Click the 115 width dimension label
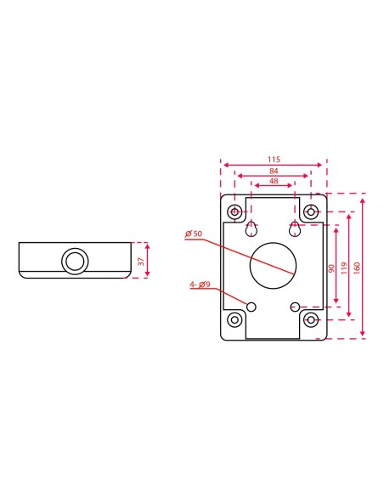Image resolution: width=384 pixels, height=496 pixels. pos(273,159)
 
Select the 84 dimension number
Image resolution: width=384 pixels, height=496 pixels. pos(273,171)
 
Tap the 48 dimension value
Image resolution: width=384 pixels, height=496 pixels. pos(273,182)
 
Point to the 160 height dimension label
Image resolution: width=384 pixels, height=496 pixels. pos(357,266)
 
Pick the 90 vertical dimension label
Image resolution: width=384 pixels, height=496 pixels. pos(331,268)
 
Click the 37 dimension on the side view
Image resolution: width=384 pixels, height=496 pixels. pos(141,260)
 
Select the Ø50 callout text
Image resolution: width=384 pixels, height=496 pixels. pos(193,233)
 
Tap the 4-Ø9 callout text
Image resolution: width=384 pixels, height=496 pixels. pos(200,285)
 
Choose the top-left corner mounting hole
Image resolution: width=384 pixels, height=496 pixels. pos(234,211)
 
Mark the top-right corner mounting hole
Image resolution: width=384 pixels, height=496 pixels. pos(312,211)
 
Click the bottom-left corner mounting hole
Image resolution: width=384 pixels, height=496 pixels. pos(234,320)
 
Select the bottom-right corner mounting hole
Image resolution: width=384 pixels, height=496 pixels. pos(312,320)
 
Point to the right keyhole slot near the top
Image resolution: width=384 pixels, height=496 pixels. pos(294,229)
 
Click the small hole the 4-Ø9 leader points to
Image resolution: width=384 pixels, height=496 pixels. pos(252,306)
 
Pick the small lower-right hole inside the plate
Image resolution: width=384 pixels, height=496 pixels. pos(294,306)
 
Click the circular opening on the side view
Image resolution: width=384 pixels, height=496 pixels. pos(75,260)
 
